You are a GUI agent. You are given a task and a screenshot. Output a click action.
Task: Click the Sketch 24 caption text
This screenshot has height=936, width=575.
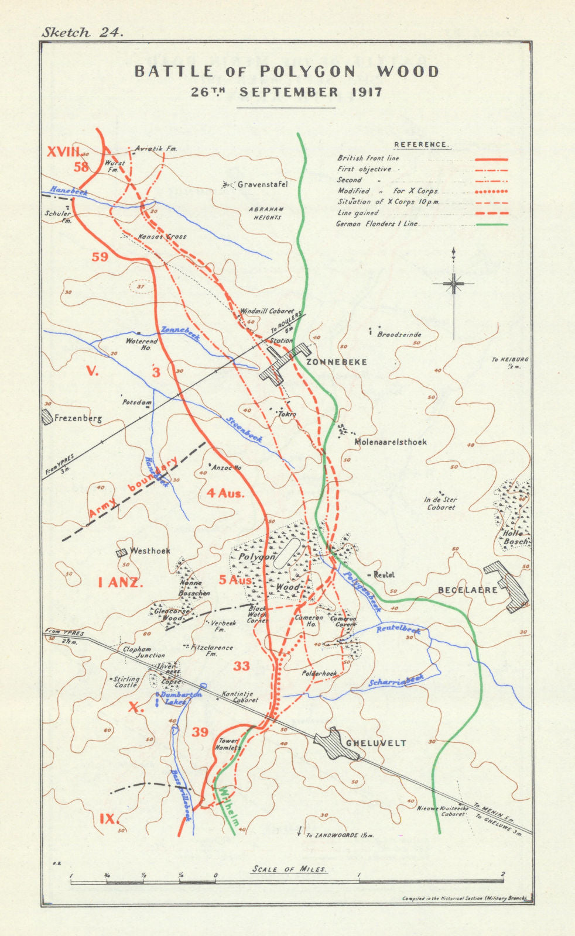tap(83, 33)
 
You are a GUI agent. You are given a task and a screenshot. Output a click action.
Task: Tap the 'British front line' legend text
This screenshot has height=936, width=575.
tap(368, 158)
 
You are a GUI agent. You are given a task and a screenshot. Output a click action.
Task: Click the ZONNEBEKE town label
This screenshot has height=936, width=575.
tap(336, 362)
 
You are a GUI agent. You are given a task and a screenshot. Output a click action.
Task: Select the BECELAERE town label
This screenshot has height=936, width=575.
tap(467, 590)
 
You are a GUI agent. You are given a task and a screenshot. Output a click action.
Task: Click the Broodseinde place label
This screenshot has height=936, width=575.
tap(399, 335)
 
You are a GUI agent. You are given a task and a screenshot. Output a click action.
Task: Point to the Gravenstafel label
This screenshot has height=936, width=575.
tap(262, 185)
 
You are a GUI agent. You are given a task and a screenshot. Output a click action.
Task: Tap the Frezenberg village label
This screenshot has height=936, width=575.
tap(78, 418)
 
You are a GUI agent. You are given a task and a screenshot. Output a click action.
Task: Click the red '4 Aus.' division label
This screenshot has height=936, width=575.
tap(225, 493)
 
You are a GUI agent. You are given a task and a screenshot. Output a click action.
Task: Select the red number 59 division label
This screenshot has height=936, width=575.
tap(100, 256)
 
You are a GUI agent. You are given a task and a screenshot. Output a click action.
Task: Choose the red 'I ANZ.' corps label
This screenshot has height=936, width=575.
tap(120, 582)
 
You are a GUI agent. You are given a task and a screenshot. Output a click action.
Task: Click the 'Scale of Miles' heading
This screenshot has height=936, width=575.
tap(289, 869)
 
